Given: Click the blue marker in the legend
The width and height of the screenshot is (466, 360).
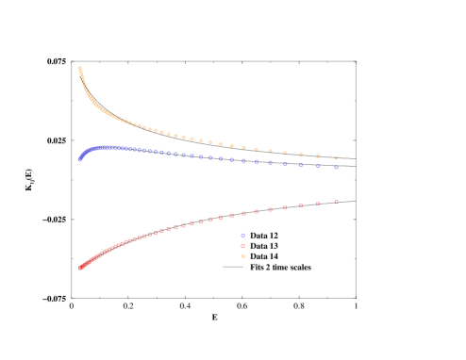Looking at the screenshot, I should (x=242, y=235).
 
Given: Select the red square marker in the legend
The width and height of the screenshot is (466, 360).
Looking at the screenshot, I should (x=242, y=246).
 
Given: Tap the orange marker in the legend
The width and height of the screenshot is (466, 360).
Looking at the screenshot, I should (x=242, y=256).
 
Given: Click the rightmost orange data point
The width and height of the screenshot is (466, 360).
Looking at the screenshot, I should (x=336, y=158).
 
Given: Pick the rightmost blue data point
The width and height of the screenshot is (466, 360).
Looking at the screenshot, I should (x=336, y=168).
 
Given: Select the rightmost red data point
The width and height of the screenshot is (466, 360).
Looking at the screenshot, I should (x=336, y=201).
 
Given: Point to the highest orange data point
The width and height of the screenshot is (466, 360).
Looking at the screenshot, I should (x=79, y=68).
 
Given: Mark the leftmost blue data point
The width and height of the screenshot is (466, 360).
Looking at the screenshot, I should (x=79, y=160).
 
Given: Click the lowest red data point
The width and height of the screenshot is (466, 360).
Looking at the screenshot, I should (x=80, y=269).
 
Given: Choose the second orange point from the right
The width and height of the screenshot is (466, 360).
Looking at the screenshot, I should (x=318, y=155).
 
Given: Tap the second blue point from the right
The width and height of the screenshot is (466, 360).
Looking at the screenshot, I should (x=318, y=166).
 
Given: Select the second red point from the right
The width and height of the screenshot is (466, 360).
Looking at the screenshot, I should (x=318, y=203).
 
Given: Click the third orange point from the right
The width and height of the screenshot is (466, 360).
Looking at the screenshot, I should (x=301, y=155).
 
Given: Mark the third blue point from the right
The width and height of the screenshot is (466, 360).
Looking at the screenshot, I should (x=301, y=166).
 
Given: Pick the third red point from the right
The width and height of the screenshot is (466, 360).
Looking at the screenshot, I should (x=301, y=205).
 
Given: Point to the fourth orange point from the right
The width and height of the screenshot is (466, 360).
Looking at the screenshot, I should (x=285, y=153).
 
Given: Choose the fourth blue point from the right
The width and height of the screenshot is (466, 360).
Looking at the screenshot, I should (x=285, y=164).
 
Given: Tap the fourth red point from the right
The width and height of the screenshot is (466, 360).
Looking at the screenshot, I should (x=285, y=206).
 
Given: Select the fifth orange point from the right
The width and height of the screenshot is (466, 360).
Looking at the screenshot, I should (x=270, y=151).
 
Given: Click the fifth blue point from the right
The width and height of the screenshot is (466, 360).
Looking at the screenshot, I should (x=270, y=163).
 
